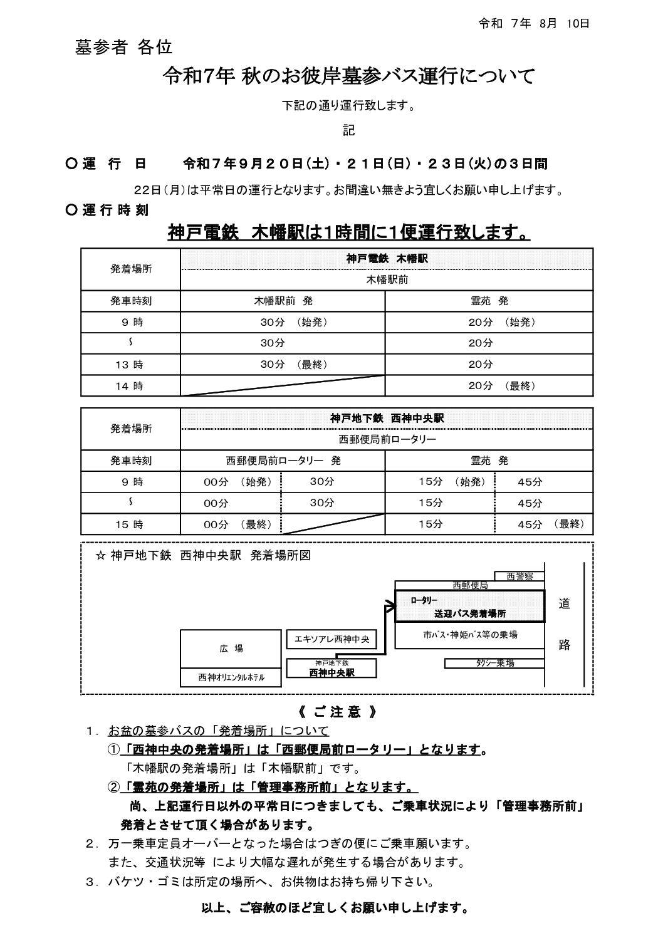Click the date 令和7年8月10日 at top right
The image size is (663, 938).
point(534,24)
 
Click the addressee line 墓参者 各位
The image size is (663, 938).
point(123,48)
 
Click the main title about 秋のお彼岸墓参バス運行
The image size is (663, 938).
point(349,76)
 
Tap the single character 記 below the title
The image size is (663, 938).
point(349,130)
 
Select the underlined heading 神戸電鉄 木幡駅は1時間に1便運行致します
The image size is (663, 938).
point(349,233)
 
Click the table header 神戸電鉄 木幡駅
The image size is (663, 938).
point(387,258)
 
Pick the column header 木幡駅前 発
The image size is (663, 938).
point(283,301)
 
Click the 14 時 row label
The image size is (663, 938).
point(130,386)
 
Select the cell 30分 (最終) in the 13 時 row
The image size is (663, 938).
point(294,364)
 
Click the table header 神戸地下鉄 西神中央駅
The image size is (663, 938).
point(387,418)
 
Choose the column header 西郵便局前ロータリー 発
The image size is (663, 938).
point(283,461)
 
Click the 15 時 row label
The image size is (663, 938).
point(130,524)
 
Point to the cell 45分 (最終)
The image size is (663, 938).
point(550,524)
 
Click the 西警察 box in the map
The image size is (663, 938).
point(519,576)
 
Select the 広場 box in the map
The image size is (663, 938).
point(231,649)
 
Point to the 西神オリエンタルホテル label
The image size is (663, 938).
point(231,677)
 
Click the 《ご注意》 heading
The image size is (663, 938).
point(337,712)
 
